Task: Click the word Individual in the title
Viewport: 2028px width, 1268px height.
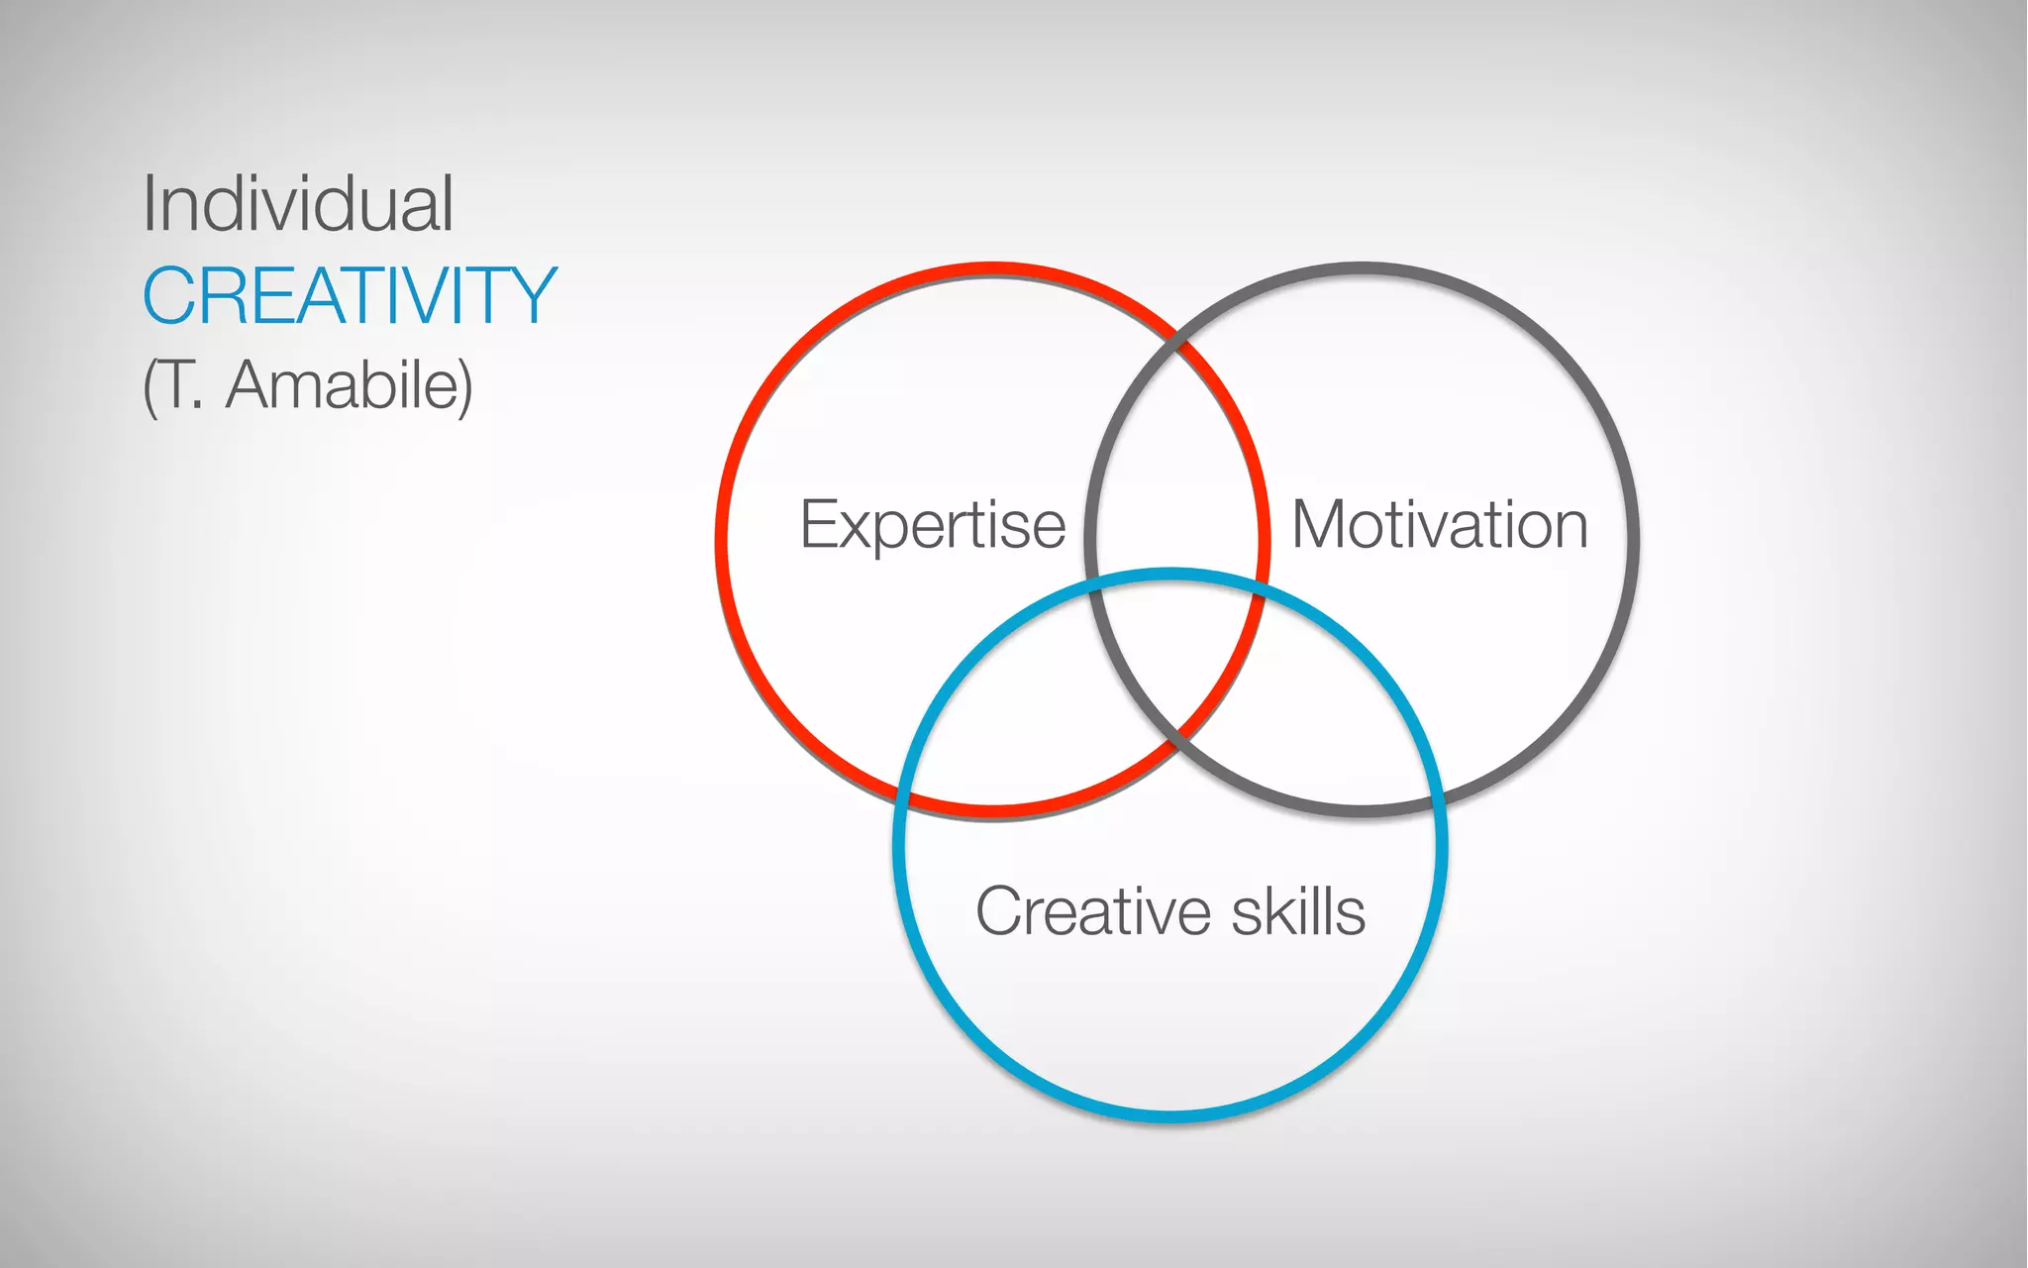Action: pyautogui.click(x=298, y=204)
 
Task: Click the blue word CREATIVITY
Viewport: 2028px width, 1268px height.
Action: pyautogui.click(x=350, y=295)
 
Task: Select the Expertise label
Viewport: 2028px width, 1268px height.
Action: pyautogui.click(x=932, y=524)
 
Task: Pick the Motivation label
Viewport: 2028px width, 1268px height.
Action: pyautogui.click(x=1440, y=524)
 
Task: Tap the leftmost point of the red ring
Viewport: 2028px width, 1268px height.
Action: pyautogui.click(x=722, y=541)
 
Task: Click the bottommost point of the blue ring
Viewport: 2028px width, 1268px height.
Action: pyautogui.click(x=1170, y=1116)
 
